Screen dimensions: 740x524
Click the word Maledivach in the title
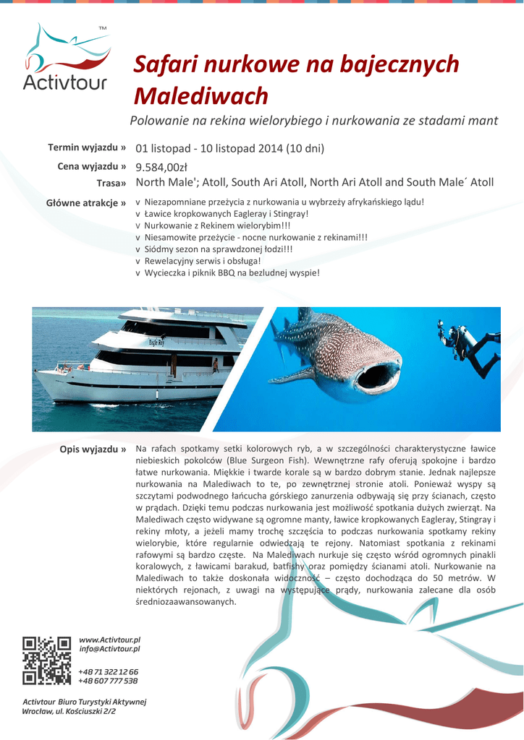[x=202, y=96]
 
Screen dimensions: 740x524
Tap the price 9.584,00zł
[x=161, y=167]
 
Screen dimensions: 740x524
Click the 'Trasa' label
[x=111, y=183]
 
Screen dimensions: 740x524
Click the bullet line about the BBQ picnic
[x=232, y=273]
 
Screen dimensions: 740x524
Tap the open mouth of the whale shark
[x=379, y=376]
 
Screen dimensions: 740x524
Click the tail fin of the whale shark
[x=305, y=317]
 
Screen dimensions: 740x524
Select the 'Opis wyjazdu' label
[x=93, y=449]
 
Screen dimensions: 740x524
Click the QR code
[x=46, y=659]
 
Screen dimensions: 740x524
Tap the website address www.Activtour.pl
[x=109, y=640]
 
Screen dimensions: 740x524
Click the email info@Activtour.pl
[x=109, y=649]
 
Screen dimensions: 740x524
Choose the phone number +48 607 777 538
[x=108, y=681]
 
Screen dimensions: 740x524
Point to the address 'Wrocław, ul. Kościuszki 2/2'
[x=69, y=711]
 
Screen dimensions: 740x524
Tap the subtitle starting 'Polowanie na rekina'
[x=313, y=121]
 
